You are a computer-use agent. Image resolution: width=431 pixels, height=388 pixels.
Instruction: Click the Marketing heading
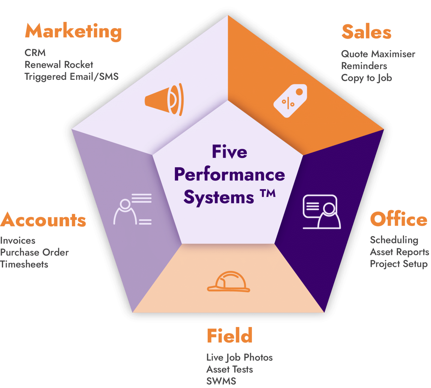(73, 31)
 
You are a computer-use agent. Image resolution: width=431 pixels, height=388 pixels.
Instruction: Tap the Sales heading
(366, 32)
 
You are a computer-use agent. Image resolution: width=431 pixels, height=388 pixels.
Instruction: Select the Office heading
(398, 219)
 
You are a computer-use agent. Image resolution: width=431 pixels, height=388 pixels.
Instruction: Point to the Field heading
(230, 335)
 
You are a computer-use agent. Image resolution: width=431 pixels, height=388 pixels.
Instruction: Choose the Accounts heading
(43, 220)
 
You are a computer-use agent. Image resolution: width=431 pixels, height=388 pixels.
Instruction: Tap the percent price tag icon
(290, 101)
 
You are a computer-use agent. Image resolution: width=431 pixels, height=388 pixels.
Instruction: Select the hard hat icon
(228, 282)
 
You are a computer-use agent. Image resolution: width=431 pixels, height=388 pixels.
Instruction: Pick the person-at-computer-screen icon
(321, 212)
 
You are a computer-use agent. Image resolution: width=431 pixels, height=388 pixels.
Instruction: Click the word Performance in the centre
(230, 174)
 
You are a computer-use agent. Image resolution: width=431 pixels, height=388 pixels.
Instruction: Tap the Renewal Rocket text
(59, 65)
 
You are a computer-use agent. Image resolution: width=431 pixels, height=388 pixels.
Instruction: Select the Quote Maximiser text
(378, 54)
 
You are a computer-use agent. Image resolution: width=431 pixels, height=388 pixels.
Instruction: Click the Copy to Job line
(366, 78)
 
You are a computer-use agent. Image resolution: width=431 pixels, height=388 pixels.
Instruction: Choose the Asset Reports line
(399, 252)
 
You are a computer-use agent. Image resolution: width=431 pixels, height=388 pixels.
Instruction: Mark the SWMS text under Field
(221, 381)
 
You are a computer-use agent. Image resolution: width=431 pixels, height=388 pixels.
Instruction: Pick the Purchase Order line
(35, 253)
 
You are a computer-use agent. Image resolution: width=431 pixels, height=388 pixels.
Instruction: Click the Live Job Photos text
(240, 357)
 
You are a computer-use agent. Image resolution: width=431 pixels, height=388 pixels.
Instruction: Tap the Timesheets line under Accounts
(24, 264)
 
